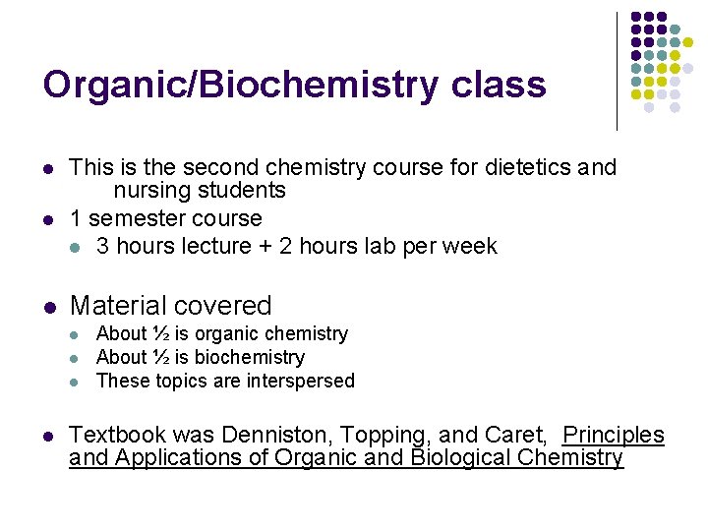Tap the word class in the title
[x=500, y=86]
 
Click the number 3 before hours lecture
[x=102, y=246]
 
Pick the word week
[x=470, y=246]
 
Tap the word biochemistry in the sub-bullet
[x=254, y=357]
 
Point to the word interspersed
[x=296, y=381]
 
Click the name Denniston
[x=271, y=435]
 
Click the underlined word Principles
[x=614, y=435]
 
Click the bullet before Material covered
[x=48, y=307]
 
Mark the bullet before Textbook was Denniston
[x=48, y=436]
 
